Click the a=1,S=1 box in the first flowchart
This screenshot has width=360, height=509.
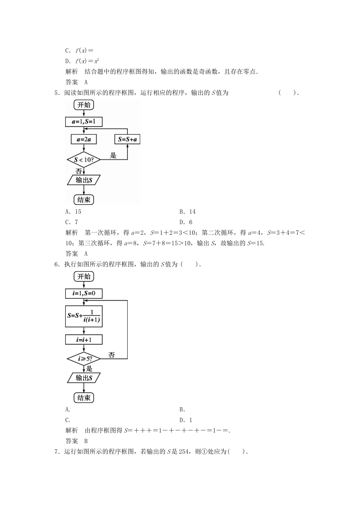(84, 122)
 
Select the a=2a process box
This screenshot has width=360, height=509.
(83, 139)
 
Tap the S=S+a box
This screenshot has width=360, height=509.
(127, 139)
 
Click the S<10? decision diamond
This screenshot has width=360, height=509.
(83, 160)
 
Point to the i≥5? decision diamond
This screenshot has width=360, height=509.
(83, 358)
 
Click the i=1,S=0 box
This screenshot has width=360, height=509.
(84, 294)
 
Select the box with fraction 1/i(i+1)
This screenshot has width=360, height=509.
(84, 316)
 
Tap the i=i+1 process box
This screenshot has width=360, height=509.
(84, 340)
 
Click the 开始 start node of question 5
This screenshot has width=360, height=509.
(84, 105)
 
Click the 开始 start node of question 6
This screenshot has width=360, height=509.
(84, 276)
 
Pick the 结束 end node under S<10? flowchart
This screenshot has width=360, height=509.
(83, 200)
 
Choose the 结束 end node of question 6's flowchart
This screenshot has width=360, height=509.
(83, 398)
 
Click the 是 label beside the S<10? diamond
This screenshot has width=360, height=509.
(113, 155)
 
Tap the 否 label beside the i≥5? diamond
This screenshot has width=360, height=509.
(111, 354)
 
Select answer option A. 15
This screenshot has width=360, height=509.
(73, 212)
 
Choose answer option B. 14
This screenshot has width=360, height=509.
(188, 212)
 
